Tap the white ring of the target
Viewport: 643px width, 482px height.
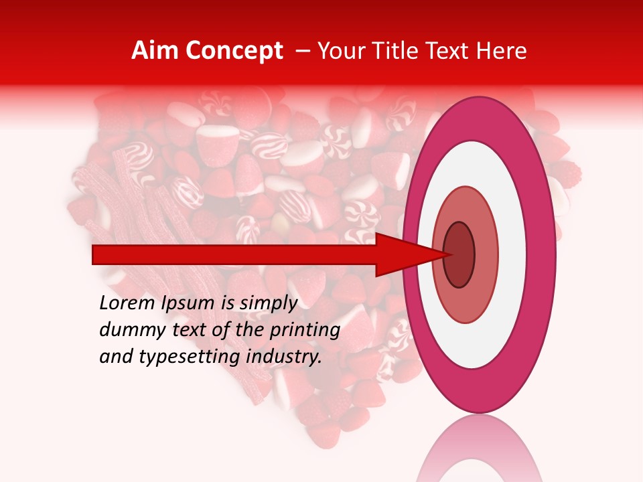tap(479, 167)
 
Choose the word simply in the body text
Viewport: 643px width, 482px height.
tap(268, 304)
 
